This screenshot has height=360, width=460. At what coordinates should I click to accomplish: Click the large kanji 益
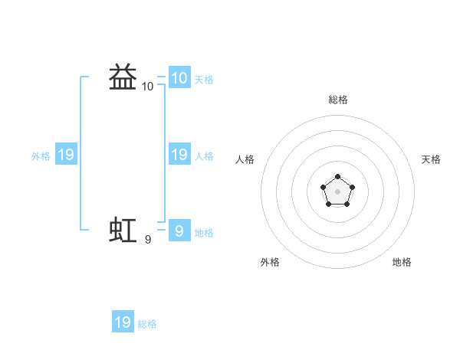[123, 77]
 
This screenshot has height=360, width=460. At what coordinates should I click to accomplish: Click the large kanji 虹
[123, 230]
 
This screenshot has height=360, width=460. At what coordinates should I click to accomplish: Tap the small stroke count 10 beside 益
[147, 87]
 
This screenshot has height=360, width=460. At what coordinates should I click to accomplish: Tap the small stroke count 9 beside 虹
[148, 240]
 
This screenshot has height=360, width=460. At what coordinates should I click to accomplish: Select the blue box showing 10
[179, 77]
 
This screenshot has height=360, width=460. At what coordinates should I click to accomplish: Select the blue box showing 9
[179, 230]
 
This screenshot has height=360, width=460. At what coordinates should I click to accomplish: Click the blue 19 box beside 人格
[179, 154]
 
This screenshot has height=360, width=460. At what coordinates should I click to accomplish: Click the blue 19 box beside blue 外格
[66, 154]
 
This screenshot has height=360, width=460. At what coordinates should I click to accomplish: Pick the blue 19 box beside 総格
[123, 321]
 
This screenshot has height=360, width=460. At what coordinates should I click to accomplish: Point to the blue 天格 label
[204, 80]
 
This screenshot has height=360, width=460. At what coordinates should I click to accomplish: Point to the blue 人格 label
[204, 156]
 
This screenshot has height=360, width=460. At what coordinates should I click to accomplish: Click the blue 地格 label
[204, 233]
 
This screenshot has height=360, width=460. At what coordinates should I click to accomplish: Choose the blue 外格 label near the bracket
[41, 156]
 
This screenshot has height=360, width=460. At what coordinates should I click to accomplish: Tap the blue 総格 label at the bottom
[147, 324]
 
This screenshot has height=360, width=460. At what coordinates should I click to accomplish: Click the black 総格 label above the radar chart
[338, 100]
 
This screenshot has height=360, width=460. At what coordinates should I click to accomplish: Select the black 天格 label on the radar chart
[431, 159]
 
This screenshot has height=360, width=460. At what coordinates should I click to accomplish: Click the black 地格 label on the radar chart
[402, 262]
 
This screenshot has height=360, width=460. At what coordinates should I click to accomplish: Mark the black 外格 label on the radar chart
[270, 262]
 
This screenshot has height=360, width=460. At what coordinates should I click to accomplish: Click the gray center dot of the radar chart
[337, 191]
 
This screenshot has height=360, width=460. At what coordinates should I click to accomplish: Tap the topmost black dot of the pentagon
[337, 176]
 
